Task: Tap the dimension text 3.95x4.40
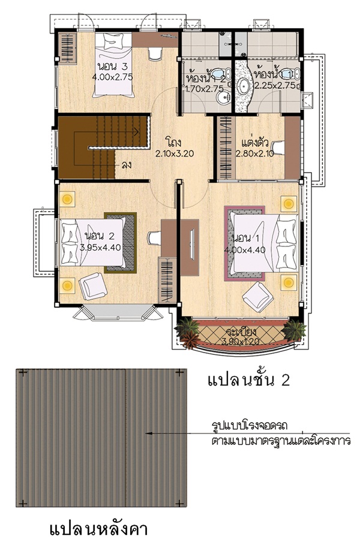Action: pyautogui.click(x=100, y=248)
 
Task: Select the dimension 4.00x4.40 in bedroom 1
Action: pyautogui.click(x=245, y=250)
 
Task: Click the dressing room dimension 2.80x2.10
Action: pyautogui.click(x=255, y=153)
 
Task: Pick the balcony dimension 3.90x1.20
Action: pyautogui.click(x=240, y=341)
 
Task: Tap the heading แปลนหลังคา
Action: pyautogui.click(x=98, y=529)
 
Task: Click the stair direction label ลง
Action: pyautogui.click(x=126, y=164)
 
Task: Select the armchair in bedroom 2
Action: pyautogui.click(x=92, y=286)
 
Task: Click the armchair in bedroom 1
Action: pyautogui.click(x=258, y=297)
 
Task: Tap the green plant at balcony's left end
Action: pyautogui.click(x=187, y=327)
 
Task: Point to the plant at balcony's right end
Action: pyautogui.click(x=294, y=331)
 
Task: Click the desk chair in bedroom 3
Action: pyautogui.click(x=155, y=53)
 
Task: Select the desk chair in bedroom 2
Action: pyautogui.click(x=154, y=238)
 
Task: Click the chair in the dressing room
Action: pyautogui.click(x=278, y=147)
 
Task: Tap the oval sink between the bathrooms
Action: pyautogui.click(x=244, y=86)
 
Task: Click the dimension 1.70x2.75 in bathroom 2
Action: pyautogui.click(x=205, y=89)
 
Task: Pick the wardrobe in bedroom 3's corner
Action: pyautogui.click(x=67, y=48)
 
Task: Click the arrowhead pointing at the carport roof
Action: pyautogui.click(x=149, y=433)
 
